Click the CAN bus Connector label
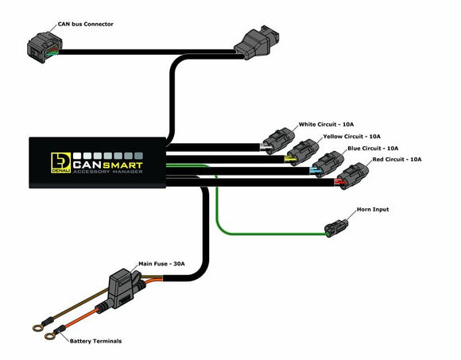(x=86, y=25)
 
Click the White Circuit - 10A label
(x=328, y=125)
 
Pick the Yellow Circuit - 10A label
(x=352, y=137)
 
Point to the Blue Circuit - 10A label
(x=372, y=149)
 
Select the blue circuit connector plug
(x=326, y=165)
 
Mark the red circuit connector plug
(x=351, y=176)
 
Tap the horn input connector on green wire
(x=338, y=226)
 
